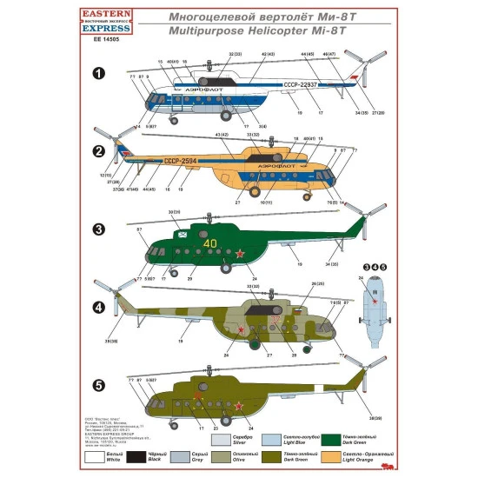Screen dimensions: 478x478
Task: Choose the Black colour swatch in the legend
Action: click(x=158, y=455)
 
